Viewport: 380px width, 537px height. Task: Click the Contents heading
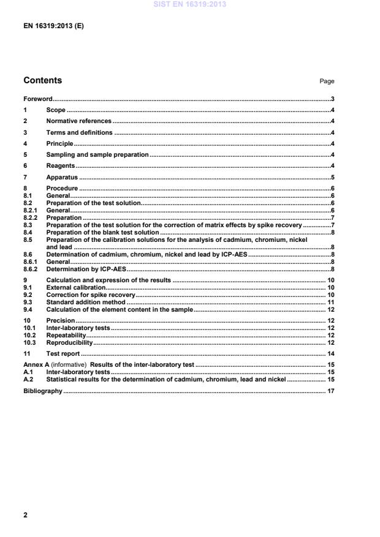[42, 80]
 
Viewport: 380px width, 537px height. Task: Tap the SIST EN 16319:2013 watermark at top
[190, 4]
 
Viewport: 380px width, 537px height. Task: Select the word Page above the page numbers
[327, 81]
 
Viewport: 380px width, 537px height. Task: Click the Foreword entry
[37, 99]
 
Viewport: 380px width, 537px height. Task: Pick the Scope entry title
[56, 110]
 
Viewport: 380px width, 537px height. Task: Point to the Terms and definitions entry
[79, 132]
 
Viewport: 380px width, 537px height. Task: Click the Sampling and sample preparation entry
[97, 154]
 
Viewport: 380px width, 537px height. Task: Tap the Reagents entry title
[61, 166]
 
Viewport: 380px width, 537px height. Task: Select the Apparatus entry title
[62, 177]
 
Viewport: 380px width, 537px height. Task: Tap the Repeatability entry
[66, 336]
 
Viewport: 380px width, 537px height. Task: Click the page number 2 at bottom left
[25, 515]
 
